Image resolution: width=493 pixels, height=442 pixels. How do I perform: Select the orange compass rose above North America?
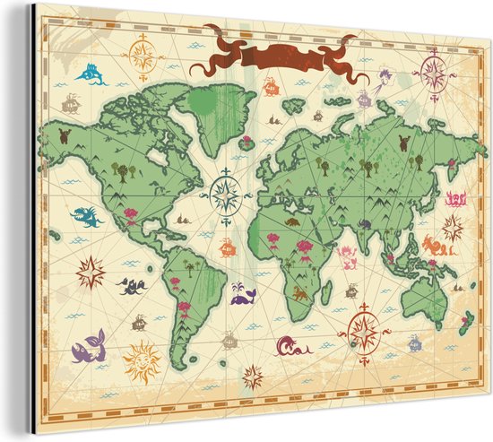click(x=143, y=54)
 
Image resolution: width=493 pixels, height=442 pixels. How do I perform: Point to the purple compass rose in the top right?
click(x=434, y=71)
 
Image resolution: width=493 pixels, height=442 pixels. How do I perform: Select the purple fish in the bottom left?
click(x=89, y=345)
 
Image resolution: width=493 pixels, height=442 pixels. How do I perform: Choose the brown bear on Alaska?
click(x=64, y=136)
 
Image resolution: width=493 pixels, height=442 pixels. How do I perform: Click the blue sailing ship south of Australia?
click(x=414, y=342)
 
